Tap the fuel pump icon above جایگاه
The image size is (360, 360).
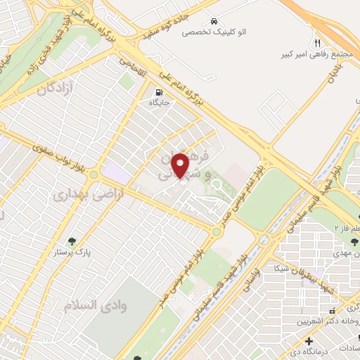click(x=158, y=91)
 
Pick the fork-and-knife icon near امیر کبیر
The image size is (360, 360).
click(x=318, y=42)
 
